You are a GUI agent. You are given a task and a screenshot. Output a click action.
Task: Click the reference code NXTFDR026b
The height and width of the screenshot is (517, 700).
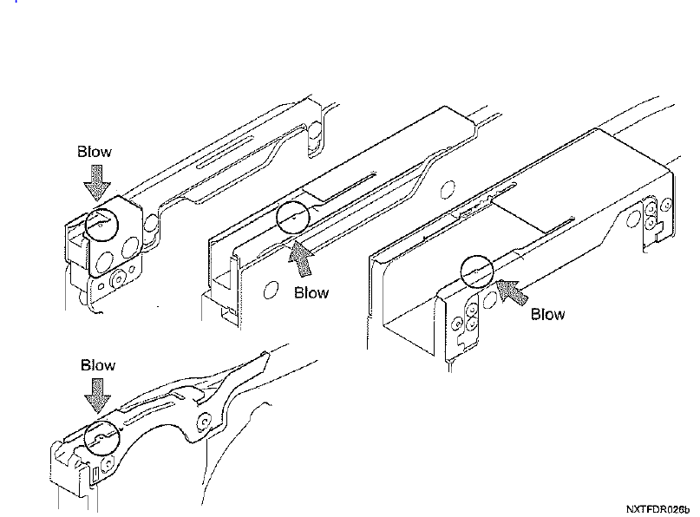657,509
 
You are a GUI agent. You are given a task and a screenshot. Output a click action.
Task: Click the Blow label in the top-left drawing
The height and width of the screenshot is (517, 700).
95,152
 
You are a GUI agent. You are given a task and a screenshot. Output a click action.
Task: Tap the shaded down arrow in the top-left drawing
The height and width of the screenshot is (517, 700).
97,183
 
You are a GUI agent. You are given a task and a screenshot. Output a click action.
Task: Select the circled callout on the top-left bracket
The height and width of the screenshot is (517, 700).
101,224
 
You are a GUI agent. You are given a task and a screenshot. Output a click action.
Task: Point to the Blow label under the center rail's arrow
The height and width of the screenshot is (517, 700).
311,293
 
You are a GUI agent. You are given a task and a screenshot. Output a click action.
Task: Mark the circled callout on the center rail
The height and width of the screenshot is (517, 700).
293,218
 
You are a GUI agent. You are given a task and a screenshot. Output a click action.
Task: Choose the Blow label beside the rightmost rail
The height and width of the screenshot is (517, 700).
547,314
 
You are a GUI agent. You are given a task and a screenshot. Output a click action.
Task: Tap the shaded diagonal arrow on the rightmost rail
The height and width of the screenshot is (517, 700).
512,292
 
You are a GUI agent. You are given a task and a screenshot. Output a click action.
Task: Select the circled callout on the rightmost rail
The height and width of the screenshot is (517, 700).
477,272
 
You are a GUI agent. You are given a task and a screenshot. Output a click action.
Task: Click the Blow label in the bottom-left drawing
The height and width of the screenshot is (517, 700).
98,365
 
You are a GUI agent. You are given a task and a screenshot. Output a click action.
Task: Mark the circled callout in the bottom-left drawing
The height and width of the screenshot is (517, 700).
102,437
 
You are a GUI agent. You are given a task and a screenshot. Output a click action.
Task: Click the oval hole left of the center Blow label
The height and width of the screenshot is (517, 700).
270,291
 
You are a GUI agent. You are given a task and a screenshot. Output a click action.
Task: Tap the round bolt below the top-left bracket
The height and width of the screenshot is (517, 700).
118,280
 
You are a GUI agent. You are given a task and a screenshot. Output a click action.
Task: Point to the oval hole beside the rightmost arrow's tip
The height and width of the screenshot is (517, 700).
490,299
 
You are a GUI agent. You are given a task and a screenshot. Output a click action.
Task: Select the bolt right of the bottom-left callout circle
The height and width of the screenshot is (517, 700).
108,464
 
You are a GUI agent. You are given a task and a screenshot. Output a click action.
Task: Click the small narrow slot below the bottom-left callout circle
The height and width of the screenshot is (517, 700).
95,474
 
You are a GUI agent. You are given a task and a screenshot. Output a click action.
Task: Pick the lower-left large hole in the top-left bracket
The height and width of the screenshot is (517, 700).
105,262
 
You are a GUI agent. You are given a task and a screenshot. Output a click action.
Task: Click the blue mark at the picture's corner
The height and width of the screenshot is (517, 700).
16,2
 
